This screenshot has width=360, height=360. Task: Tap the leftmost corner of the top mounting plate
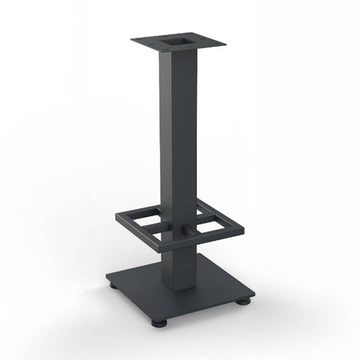pyautogui.click(x=132, y=39)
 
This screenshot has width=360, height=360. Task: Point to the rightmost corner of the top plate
pyautogui.click(x=224, y=43)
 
